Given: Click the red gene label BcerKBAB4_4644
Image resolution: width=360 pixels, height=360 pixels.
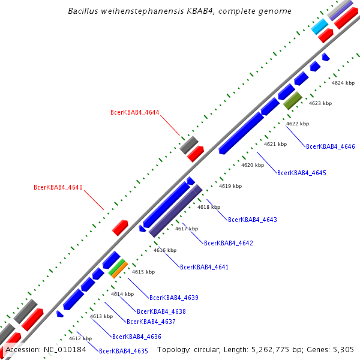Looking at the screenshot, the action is (x=134, y=113).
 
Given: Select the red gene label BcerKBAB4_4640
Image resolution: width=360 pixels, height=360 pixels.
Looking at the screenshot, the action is (x=58, y=188).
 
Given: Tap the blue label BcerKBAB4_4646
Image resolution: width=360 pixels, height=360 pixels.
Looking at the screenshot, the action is (x=330, y=146).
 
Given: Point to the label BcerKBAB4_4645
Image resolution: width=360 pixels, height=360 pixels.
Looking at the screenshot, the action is (x=301, y=173).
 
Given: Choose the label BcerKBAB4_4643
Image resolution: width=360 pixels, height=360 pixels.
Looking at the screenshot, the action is (x=252, y=220).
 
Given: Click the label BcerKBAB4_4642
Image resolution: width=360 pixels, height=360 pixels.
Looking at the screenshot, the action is (x=228, y=243).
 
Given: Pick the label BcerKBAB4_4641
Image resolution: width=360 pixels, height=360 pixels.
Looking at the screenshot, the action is (x=204, y=267).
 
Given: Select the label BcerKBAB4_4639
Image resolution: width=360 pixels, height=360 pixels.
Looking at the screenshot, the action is (x=173, y=298).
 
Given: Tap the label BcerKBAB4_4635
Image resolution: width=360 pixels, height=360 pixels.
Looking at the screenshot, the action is (x=123, y=351).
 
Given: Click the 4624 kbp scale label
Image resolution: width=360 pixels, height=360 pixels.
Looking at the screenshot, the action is (x=343, y=83).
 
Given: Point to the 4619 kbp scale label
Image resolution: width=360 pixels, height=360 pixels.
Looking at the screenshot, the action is (x=230, y=186).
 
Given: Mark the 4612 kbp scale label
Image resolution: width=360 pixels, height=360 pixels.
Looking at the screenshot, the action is (x=80, y=338).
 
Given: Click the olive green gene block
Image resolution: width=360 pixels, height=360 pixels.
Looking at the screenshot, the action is (x=293, y=100).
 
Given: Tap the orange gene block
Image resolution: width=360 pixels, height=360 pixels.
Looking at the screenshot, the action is (x=119, y=270).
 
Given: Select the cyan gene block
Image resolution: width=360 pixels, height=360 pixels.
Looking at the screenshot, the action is (x=319, y=25).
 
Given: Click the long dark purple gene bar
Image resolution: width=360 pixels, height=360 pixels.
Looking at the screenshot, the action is (x=175, y=211).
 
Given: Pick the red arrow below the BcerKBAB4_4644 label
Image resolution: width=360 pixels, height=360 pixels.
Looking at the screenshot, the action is (x=195, y=155).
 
